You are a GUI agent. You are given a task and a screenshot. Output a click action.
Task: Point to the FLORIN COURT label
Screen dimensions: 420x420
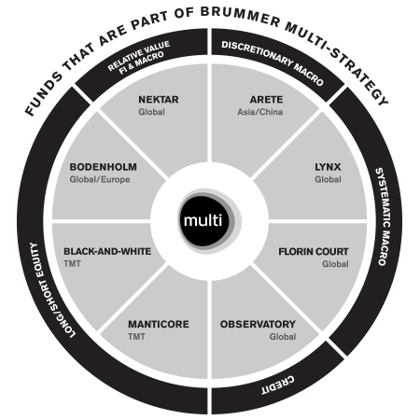coord(313,251)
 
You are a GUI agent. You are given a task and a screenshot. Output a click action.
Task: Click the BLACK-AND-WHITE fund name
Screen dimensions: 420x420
coord(102,251)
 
